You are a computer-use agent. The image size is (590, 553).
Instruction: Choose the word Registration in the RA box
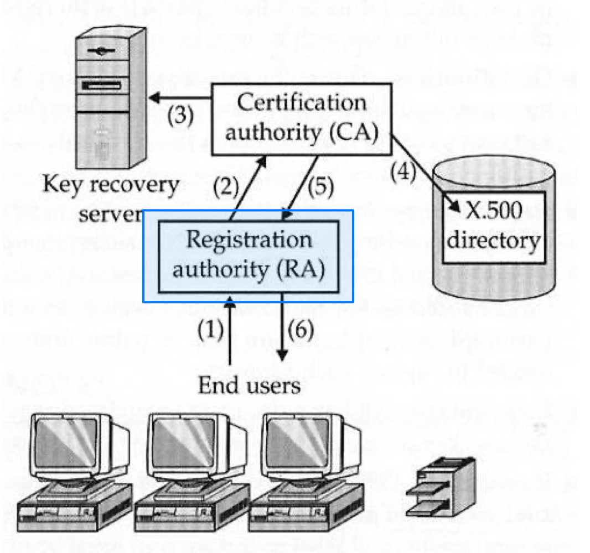click(249, 241)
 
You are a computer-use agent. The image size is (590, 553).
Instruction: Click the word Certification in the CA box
click(302, 103)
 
